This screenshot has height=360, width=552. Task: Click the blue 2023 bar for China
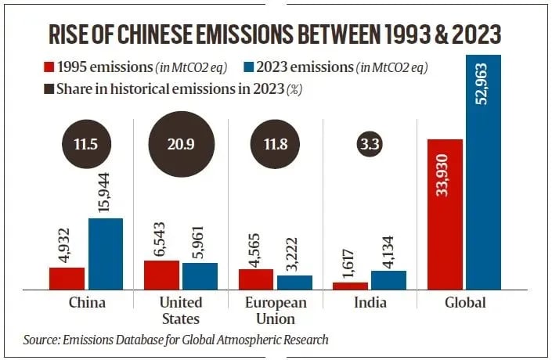coord(106,254)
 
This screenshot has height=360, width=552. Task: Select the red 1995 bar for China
coord(67,278)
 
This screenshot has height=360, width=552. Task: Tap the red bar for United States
coord(161,275)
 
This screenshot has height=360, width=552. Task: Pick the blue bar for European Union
coord(294,282)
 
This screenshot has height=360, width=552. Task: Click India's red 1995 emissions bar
coord(350,286)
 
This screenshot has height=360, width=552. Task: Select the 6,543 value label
coord(162,238)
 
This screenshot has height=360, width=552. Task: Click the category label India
coord(369,303)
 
